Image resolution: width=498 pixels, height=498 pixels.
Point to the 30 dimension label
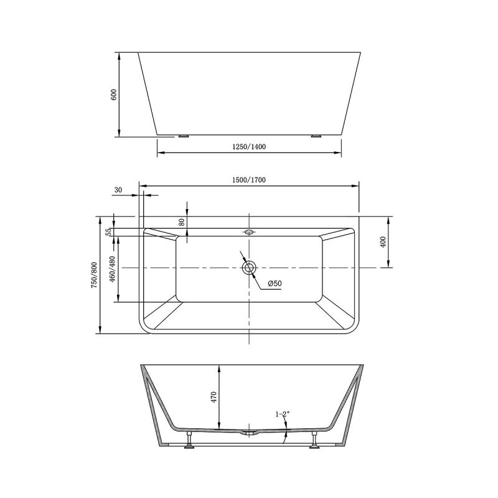[x=118, y=190]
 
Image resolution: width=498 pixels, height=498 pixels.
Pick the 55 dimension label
[x=108, y=232]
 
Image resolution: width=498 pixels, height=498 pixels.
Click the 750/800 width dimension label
[x=94, y=275]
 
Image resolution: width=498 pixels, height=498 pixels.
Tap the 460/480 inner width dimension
[x=112, y=269]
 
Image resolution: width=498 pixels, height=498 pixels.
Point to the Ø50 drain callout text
[x=275, y=284]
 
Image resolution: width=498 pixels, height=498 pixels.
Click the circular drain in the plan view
[x=249, y=268]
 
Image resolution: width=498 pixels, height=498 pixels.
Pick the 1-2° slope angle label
[x=283, y=414]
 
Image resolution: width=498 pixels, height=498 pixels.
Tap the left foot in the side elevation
[x=183, y=135]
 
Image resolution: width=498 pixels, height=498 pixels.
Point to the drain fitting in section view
[x=249, y=431]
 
